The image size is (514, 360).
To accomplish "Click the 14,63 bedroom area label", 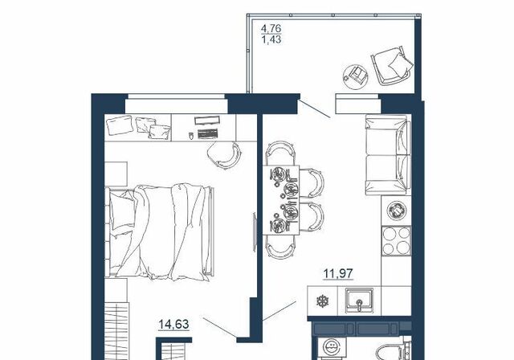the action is coord(173,325).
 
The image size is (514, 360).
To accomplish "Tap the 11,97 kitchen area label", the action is coord(339,273).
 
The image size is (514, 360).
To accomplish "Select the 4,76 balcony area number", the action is coord(271,28).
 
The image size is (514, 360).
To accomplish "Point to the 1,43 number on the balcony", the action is coord(271,39).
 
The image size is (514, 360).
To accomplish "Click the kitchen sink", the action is coord(359,301).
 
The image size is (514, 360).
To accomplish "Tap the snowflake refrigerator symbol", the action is coord(322,301).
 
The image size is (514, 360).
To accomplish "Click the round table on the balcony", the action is coord(355,76).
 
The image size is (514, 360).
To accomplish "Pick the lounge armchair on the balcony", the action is coord(392,66).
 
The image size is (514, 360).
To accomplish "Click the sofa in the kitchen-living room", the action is coord(388,155).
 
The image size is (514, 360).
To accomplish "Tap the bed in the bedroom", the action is coord(160,232).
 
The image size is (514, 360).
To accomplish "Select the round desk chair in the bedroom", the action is coord(224,155).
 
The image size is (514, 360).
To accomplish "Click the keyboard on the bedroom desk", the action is coord(208,133).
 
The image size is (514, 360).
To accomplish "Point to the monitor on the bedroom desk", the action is coord(206,121).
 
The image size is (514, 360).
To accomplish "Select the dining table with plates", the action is coord(281,200).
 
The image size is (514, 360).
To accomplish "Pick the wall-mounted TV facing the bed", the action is coord(255,232).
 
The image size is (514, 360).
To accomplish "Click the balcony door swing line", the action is coord(314,108).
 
